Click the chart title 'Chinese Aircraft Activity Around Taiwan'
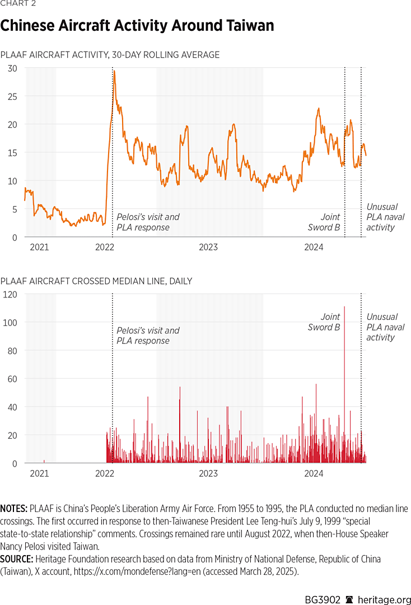137,26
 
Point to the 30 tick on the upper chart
12,68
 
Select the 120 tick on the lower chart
10,294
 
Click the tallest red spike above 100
344,308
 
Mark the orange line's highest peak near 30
114,72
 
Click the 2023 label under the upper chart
208,247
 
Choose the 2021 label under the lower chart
39,473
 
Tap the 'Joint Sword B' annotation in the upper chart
324,222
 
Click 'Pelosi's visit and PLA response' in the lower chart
148,336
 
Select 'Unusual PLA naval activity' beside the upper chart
385,217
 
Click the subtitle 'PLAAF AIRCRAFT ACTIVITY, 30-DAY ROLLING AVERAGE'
110,55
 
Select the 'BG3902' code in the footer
323,584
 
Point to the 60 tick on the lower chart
12,379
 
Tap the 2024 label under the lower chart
314,473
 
